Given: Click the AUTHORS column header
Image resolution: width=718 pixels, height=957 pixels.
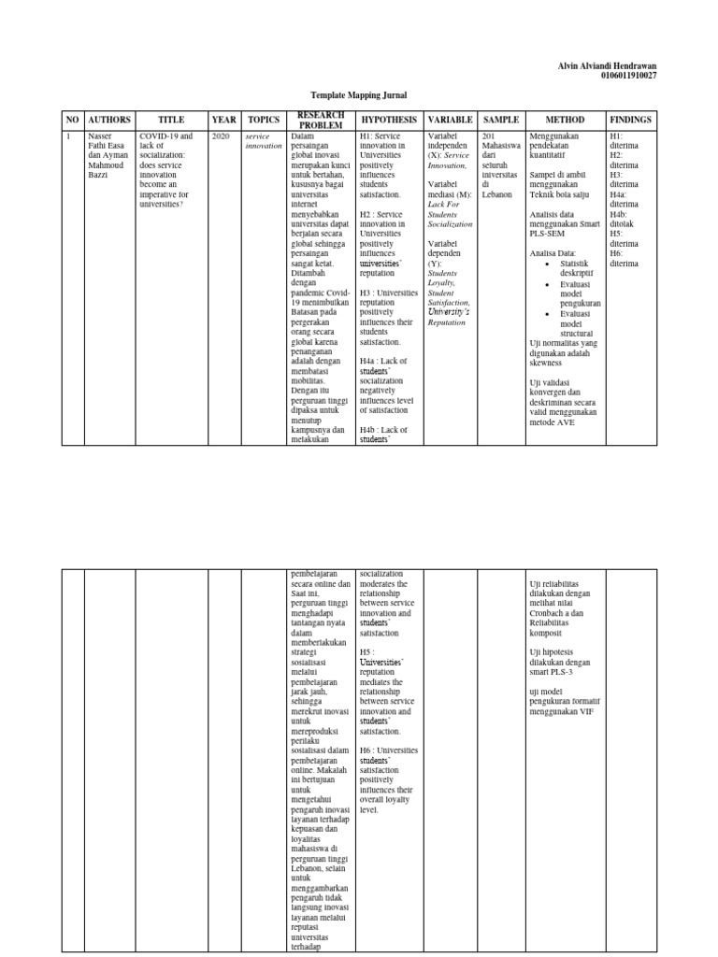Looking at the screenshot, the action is coord(109,121).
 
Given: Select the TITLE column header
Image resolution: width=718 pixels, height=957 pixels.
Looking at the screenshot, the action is coord(171,121).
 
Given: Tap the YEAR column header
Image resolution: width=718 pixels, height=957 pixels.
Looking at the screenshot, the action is coord(223,121).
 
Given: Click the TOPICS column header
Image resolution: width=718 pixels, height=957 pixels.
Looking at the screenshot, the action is coord(264,121).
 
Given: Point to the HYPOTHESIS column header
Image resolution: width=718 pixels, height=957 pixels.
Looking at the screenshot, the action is coord(389,121).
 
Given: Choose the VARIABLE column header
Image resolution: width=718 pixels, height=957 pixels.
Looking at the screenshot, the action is coord(450,121).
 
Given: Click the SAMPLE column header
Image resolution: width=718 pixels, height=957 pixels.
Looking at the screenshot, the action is coord(501,121).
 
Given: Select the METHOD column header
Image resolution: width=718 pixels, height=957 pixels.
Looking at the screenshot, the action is coord(565,121).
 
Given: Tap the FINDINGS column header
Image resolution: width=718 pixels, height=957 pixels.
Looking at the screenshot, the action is coord(630,121).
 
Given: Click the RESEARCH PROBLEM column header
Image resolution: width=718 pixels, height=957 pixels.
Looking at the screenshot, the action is coord(321,121).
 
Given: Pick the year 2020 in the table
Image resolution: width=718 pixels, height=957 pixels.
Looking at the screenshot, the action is coord(221,136).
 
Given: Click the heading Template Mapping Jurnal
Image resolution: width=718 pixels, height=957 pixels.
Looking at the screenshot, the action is coord(359,95).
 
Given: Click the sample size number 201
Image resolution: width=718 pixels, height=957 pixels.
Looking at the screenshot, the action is coord(487,136).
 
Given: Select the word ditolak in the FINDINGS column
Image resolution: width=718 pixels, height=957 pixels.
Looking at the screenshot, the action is coord(624,224).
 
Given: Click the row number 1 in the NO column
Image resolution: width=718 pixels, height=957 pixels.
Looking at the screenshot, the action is coord(67,136).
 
